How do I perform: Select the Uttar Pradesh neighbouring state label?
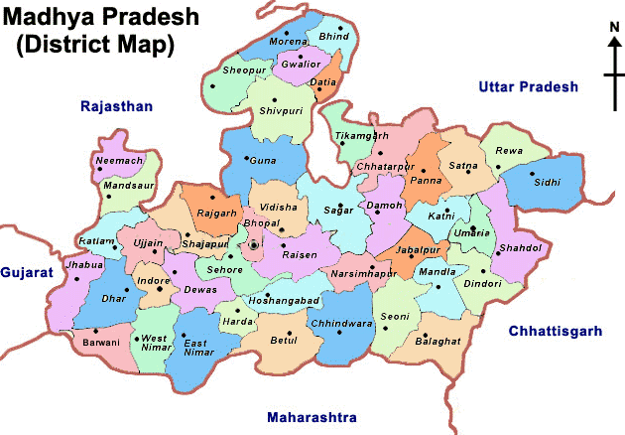(x=527, y=87)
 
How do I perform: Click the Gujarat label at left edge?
(x=26, y=271)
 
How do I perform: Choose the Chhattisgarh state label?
(x=555, y=331)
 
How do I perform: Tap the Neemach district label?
(x=120, y=160)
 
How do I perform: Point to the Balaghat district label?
(x=438, y=341)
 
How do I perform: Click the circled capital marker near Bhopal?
(x=254, y=244)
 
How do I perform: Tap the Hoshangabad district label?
(x=284, y=299)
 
